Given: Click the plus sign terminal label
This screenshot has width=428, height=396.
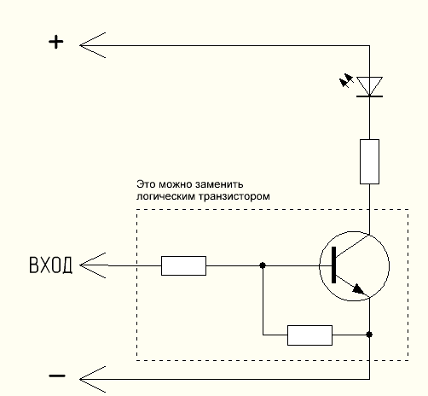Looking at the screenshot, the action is coord(56,42).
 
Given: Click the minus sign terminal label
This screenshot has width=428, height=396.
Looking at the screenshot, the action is coord(57,376).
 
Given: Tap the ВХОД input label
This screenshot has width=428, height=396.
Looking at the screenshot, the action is coord(50,265).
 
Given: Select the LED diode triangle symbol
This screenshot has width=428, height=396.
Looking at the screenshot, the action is coord(369,86).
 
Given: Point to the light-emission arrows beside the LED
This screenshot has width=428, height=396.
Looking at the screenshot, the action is coord(346,80).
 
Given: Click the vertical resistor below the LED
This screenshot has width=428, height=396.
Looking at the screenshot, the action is coord(369,161).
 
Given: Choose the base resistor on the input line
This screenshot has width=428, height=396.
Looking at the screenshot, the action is coord(183,265).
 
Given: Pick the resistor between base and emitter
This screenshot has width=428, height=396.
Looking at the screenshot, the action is coord(309,335).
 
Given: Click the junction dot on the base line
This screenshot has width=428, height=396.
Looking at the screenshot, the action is coord(263,265).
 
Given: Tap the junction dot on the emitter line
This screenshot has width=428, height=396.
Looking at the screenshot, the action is coord(369,335).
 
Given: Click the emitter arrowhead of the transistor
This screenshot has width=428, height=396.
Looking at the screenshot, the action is coord(359,290).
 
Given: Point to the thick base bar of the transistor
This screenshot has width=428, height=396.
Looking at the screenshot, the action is coord(333,265).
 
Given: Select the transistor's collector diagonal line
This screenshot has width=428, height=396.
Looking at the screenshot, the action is coord(353,246).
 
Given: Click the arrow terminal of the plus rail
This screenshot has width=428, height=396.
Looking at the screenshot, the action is coord(92,45).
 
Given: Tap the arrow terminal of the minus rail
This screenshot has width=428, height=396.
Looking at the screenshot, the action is coord(92,379).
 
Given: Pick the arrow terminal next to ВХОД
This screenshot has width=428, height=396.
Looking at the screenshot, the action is coord(92,265).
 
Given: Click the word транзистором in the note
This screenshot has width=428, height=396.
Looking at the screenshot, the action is coord(234,196).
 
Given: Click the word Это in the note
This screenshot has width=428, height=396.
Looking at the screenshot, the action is coord(146,184).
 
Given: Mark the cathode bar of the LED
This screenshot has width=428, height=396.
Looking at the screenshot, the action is coord(369,96).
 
